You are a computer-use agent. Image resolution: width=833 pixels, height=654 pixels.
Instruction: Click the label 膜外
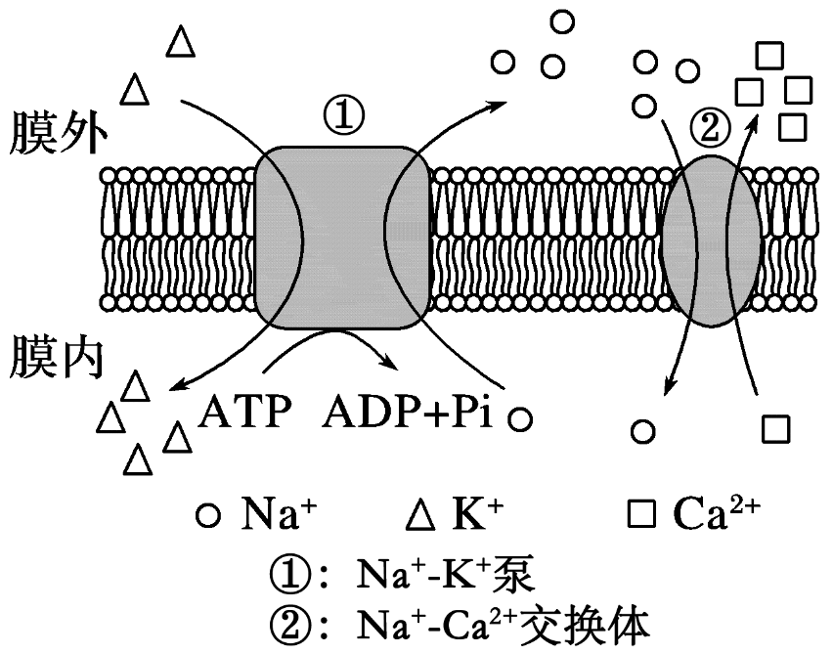(x=54, y=135)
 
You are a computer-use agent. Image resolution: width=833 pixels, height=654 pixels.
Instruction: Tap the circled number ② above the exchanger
(x=709, y=124)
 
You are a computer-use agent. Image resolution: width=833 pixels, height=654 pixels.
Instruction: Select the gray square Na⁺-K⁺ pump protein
(x=341, y=237)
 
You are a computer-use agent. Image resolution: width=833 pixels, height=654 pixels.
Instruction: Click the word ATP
(x=244, y=414)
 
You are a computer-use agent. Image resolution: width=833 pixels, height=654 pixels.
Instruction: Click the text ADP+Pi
(x=412, y=414)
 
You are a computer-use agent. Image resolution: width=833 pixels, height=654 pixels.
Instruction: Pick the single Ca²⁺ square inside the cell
(x=774, y=428)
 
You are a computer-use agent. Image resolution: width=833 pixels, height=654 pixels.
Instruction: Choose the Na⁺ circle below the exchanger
(x=642, y=429)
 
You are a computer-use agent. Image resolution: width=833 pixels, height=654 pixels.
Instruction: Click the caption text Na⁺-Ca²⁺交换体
(x=498, y=624)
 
